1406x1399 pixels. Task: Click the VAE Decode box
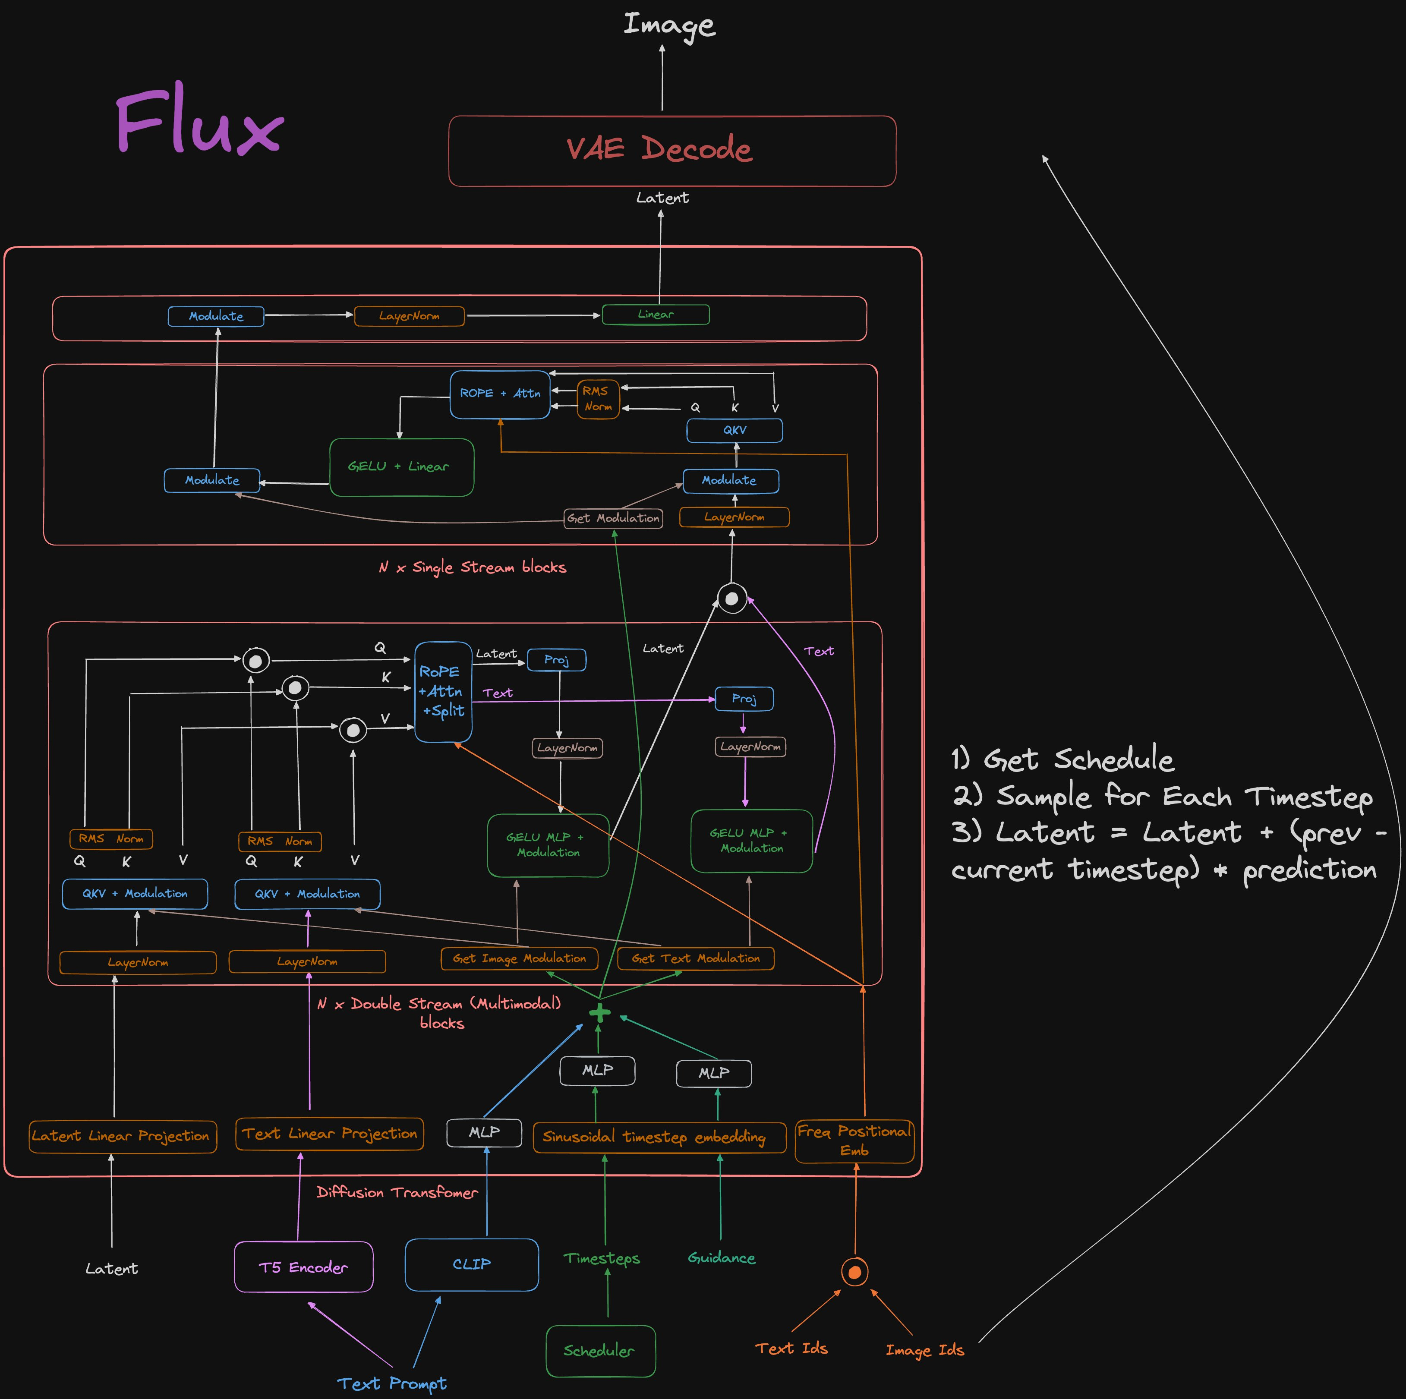coord(671,151)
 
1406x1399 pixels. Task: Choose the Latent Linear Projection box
coord(122,1136)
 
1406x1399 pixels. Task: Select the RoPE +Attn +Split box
coord(442,692)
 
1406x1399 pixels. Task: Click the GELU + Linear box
coord(401,467)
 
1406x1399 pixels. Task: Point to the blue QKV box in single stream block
coord(735,430)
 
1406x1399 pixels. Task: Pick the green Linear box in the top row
coord(655,314)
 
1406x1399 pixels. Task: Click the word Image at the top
coord(669,25)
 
